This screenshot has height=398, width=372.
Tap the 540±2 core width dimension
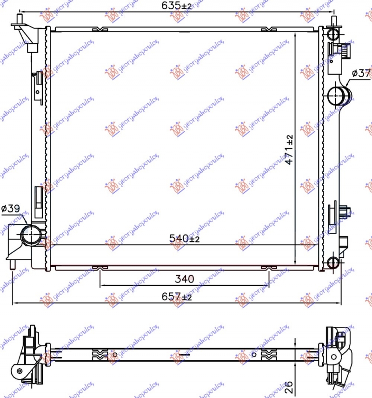184,239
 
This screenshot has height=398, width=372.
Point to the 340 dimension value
184,279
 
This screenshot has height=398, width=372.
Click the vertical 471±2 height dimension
290,150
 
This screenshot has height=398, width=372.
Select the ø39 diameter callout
10,209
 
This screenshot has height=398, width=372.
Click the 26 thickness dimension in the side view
288,385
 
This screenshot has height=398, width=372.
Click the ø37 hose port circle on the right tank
336,96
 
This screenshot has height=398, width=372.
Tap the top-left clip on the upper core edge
100,30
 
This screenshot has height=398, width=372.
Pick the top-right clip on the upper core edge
268,30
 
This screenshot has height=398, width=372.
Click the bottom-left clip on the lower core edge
100,268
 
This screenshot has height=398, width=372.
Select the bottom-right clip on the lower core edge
268,268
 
